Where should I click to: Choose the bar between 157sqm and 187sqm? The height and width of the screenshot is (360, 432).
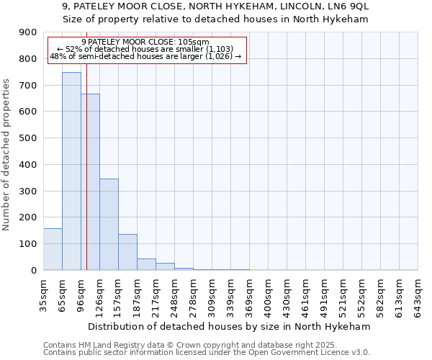click(x=127, y=252)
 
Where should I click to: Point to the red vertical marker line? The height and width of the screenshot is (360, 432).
click(x=86, y=180)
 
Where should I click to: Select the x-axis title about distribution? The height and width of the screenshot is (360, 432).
click(x=229, y=326)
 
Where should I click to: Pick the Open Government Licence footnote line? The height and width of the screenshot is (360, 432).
click(x=207, y=352)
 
